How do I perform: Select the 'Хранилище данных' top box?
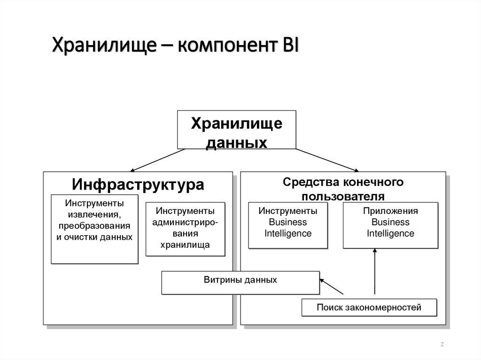pos(236,130)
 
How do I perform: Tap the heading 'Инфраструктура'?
pos(138,184)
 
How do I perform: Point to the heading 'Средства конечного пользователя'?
pos(343,188)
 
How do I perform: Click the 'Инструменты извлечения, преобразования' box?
pos(94,229)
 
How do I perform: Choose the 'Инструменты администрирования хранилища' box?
pos(185,229)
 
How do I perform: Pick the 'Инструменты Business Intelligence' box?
pos(288,225)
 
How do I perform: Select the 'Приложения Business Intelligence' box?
pos(390,225)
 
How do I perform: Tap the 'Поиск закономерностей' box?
pos(369,308)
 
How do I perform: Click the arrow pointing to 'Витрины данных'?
pos(332,287)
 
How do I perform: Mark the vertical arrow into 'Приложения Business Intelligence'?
pos(375,272)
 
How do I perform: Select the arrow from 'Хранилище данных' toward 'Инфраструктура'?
pos(158,160)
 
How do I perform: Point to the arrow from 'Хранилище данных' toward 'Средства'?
pos(327,160)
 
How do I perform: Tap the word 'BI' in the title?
pos(290,46)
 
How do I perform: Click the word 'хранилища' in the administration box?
pos(185,245)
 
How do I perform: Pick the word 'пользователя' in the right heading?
pos(343,195)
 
